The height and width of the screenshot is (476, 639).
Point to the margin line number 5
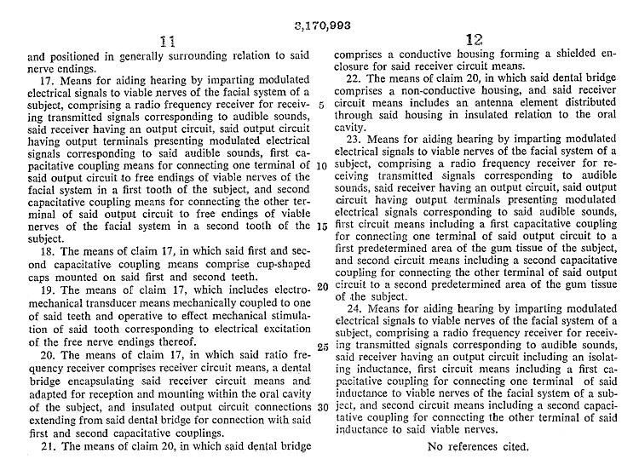pyautogui.click(x=319, y=106)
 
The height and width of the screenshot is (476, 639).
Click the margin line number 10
pyautogui.click(x=319, y=165)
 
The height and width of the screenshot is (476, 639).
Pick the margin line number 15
pyautogui.click(x=319, y=226)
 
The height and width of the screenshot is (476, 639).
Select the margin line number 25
pyautogui.click(x=319, y=347)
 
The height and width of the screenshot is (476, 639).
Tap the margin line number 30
pyautogui.click(x=319, y=406)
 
